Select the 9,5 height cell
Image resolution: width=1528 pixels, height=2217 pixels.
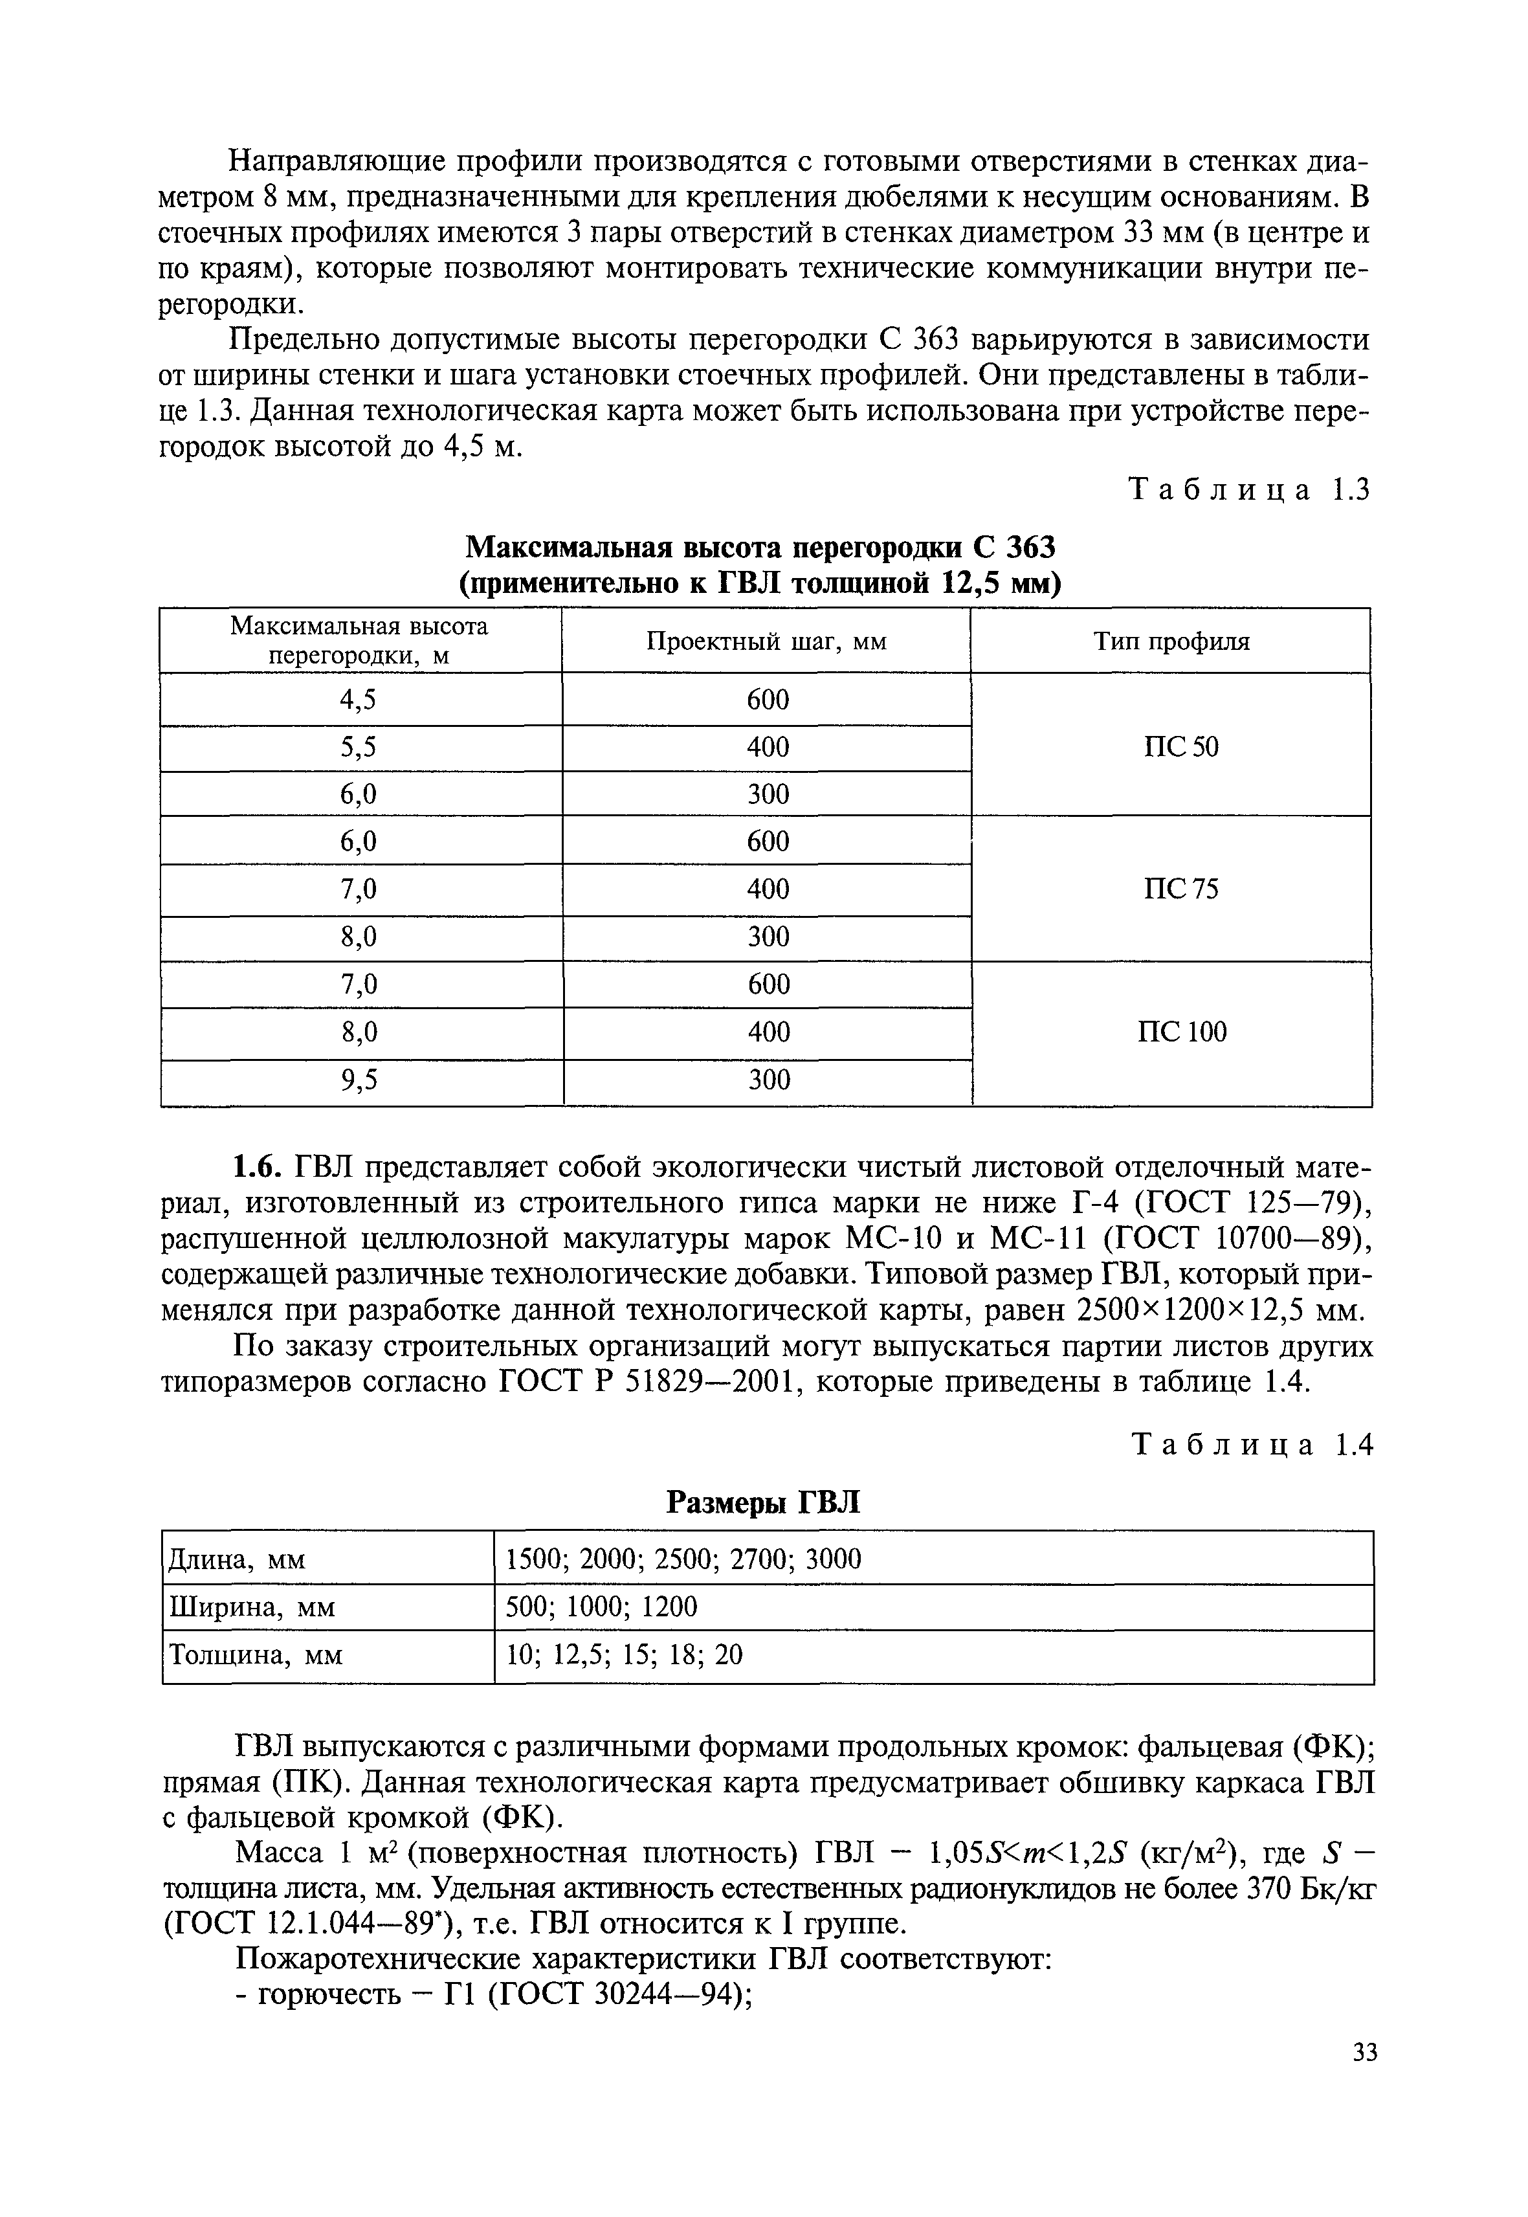359,1080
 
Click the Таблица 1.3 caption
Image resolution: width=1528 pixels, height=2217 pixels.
1250,489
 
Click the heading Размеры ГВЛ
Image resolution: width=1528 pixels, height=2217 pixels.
763,1502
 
